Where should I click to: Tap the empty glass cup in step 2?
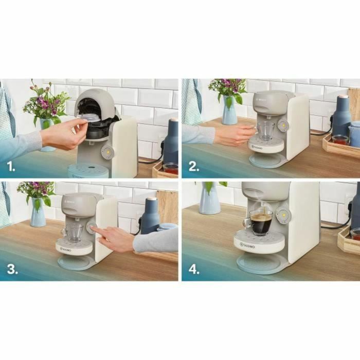point(265,131)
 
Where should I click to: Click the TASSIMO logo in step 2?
point(257,147)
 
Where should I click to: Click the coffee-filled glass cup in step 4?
point(260,222)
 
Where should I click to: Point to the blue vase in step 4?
point(210,197)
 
